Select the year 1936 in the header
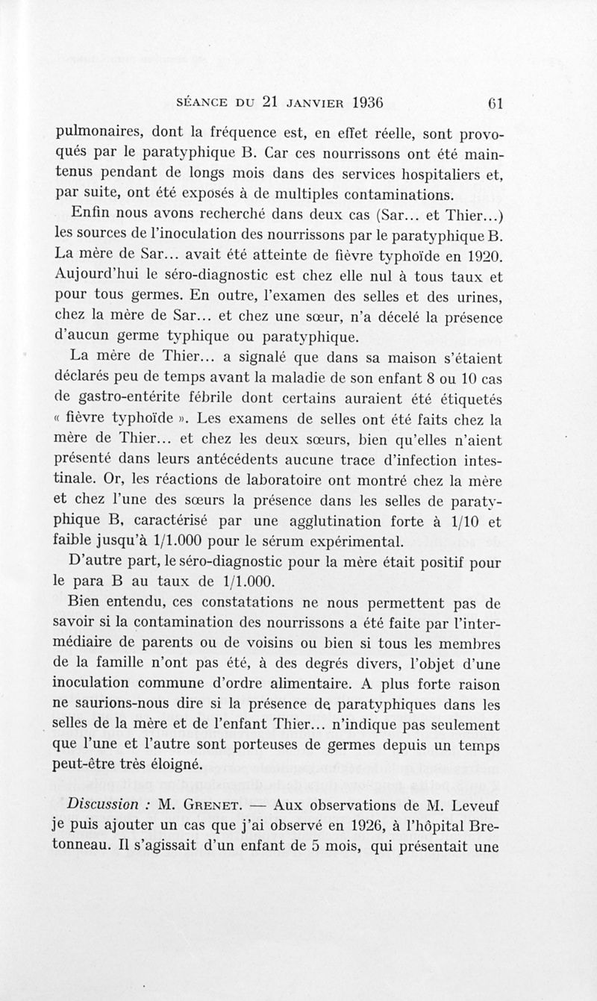(x=359, y=102)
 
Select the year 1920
(x=479, y=257)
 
